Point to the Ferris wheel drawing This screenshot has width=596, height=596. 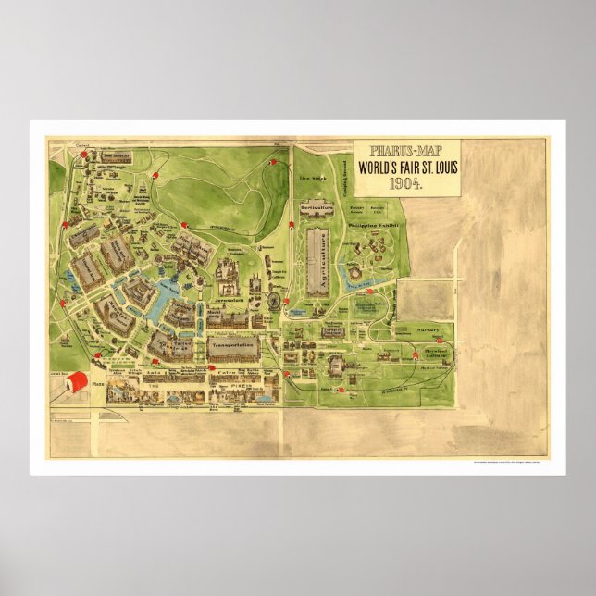pos(274,300)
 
